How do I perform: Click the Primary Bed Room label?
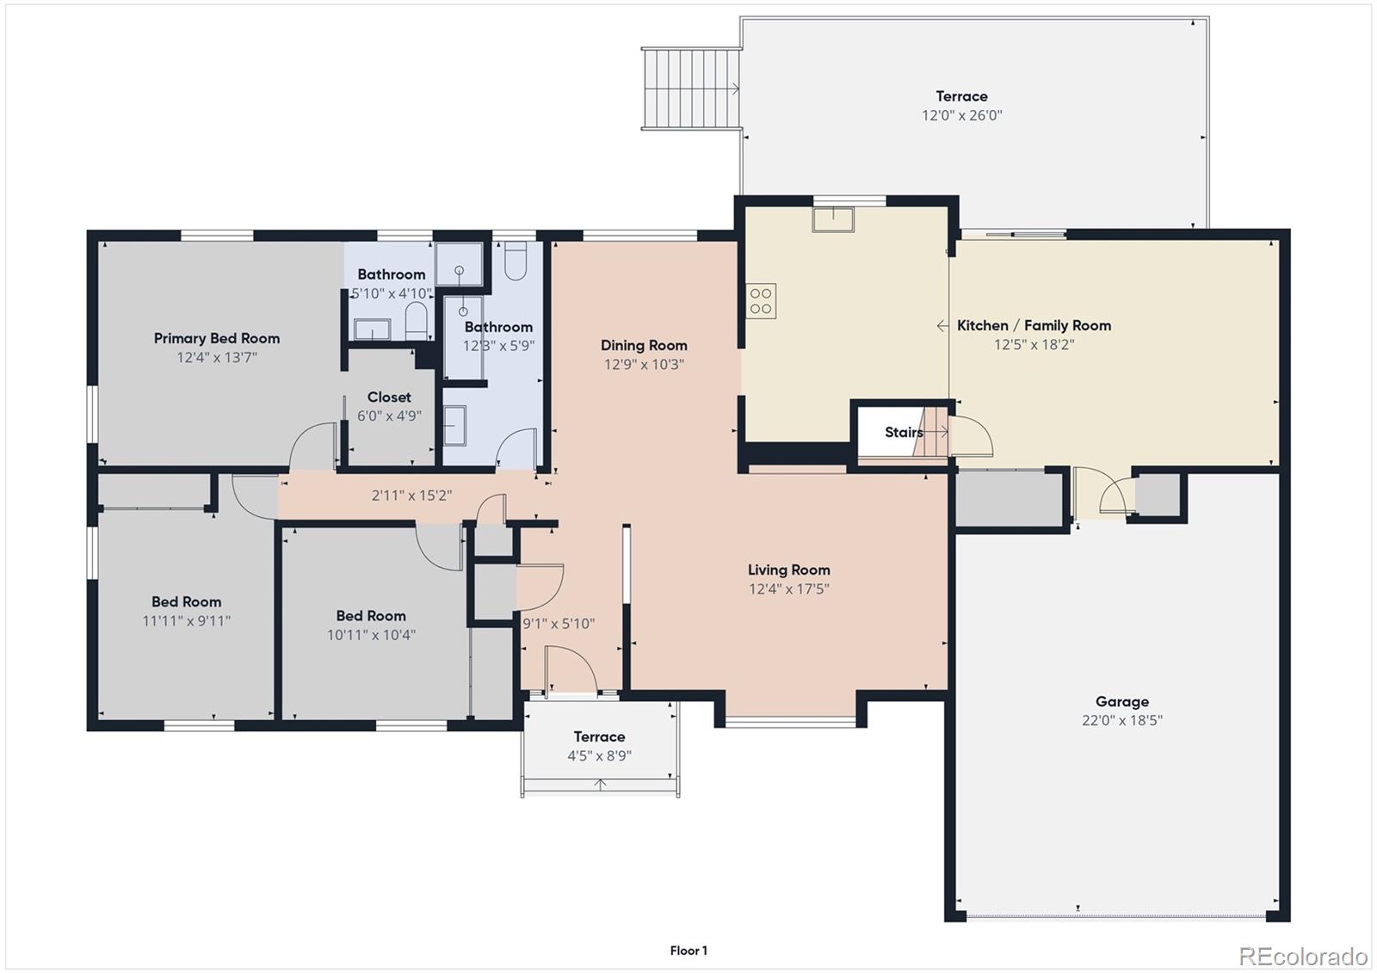click(x=217, y=338)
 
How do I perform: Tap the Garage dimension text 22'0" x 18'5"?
click(x=1121, y=721)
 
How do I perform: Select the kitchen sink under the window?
click(x=832, y=219)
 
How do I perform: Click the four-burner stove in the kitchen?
click(x=762, y=301)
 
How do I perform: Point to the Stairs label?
click(x=903, y=432)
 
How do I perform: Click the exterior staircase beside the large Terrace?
click(x=691, y=89)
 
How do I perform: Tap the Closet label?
click(x=389, y=397)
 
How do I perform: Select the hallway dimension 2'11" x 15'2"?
click(x=411, y=496)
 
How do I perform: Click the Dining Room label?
click(x=644, y=345)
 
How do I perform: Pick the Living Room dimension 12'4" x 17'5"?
click(x=788, y=589)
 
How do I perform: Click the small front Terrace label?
click(x=599, y=736)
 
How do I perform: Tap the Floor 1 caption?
click(x=688, y=951)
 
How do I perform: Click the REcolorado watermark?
click(x=1302, y=956)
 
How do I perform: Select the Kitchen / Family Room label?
click(x=1034, y=325)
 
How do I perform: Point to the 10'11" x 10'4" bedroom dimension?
click(x=371, y=635)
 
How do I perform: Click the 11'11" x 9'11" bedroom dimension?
click(x=186, y=621)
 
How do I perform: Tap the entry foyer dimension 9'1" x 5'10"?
click(x=559, y=624)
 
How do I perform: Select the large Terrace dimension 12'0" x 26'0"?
click(x=961, y=115)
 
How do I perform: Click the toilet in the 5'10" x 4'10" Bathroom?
click(x=417, y=320)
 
